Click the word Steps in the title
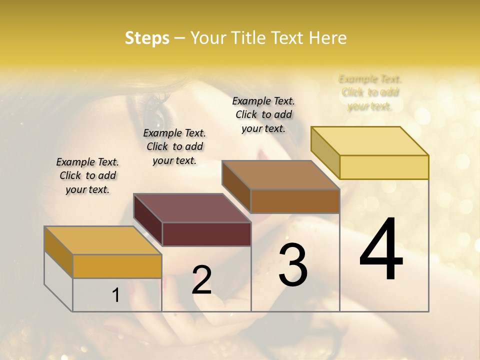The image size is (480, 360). [147, 38]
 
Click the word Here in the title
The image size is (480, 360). [328, 38]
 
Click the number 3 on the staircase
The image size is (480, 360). [293, 265]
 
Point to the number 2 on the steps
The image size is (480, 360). [201, 280]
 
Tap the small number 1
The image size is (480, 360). [115, 295]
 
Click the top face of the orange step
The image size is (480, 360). [103, 240]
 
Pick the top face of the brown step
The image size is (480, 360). [281, 175]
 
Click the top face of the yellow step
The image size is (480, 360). [370, 141]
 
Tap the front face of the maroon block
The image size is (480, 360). [206, 234]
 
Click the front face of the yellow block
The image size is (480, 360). [384, 167]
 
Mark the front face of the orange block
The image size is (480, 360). [117, 266]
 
